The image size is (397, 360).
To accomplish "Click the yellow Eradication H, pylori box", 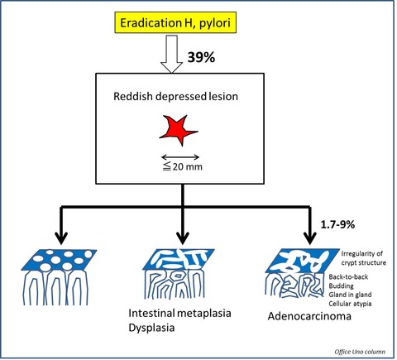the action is click(175, 22).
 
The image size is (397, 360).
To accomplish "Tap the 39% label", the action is click(201, 57).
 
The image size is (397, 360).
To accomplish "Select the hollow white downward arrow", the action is click(172, 54).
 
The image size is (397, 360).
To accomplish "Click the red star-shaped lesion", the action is click(179, 130).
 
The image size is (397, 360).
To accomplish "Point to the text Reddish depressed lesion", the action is click(175, 96).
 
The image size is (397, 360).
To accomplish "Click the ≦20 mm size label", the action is click(182, 166).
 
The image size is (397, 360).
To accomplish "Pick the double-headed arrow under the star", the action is click(180, 157).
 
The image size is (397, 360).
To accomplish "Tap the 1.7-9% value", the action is click(337, 224).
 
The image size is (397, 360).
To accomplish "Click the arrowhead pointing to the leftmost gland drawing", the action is click(61, 238).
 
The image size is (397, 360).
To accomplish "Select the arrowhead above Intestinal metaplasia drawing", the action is click(182, 238).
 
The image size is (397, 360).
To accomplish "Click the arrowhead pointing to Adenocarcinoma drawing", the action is click(310, 238).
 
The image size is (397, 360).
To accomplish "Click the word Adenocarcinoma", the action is click(309, 316).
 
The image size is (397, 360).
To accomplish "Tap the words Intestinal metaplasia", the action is click(179, 313).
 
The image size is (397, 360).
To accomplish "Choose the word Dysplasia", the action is click(151, 328).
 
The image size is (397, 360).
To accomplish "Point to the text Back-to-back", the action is click(348, 276).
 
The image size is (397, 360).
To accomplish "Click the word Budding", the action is click(341, 286).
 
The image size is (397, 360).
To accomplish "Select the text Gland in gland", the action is click(350, 295).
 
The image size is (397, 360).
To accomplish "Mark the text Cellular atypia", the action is click(350, 304).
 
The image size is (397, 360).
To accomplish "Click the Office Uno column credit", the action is click(360, 352).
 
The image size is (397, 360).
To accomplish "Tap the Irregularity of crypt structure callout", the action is click(364, 258).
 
